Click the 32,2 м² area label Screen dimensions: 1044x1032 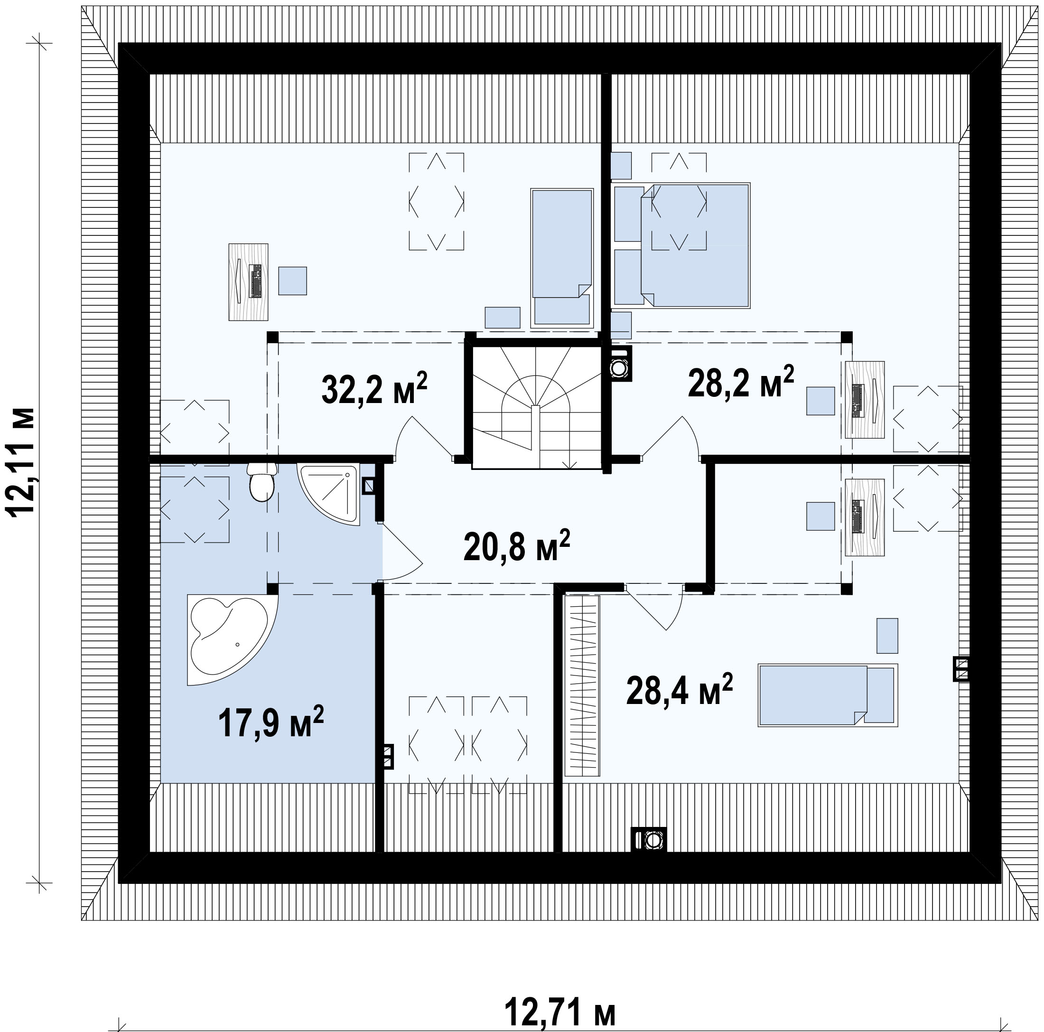(x=374, y=388)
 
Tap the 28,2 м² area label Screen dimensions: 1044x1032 (x=741, y=381)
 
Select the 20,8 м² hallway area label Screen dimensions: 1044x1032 (x=517, y=545)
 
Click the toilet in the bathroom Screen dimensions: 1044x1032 (x=262, y=482)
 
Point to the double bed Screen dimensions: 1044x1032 (x=696, y=245)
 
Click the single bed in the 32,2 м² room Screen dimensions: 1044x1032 (x=562, y=258)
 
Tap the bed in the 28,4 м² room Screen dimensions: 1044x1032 (x=827, y=694)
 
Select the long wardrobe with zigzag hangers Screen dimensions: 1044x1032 (x=582, y=685)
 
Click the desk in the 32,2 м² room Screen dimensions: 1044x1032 (x=249, y=281)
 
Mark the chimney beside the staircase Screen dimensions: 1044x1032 (x=620, y=364)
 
